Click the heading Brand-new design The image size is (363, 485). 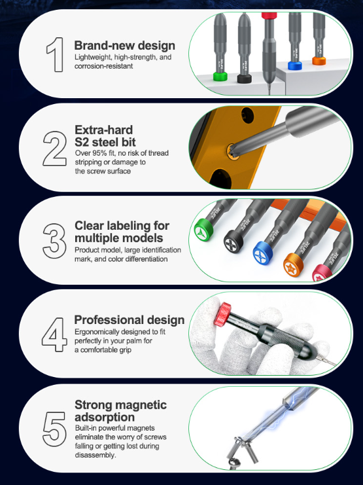click(x=124, y=46)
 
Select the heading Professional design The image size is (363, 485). click(x=129, y=320)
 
